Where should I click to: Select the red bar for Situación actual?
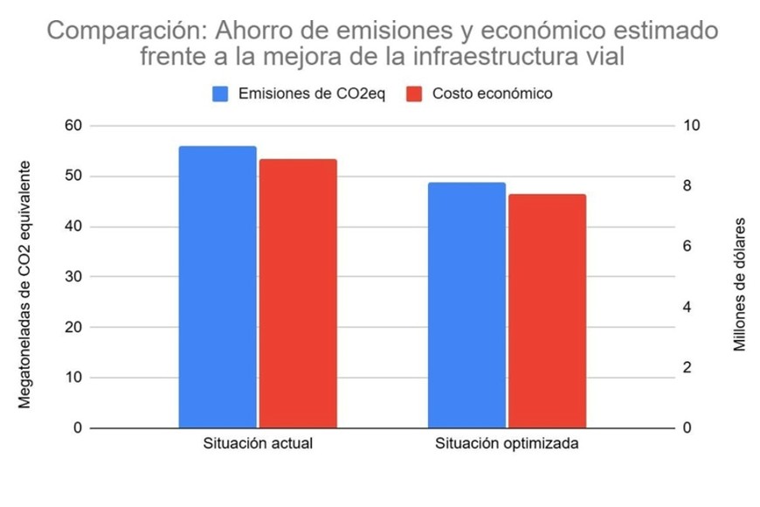[x=298, y=294]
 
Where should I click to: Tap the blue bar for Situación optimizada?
[x=466, y=305]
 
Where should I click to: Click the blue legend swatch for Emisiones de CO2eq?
[x=220, y=94]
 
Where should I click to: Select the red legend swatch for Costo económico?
[x=415, y=94]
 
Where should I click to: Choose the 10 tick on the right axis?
[x=691, y=126]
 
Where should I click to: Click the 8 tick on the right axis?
[x=691, y=186]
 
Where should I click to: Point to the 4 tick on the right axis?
[x=691, y=308]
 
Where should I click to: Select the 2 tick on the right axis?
[x=691, y=368]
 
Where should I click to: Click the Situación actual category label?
[x=258, y=443]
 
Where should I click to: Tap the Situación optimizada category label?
[x=507, y=443]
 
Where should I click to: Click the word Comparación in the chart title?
[x=116, y=31]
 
